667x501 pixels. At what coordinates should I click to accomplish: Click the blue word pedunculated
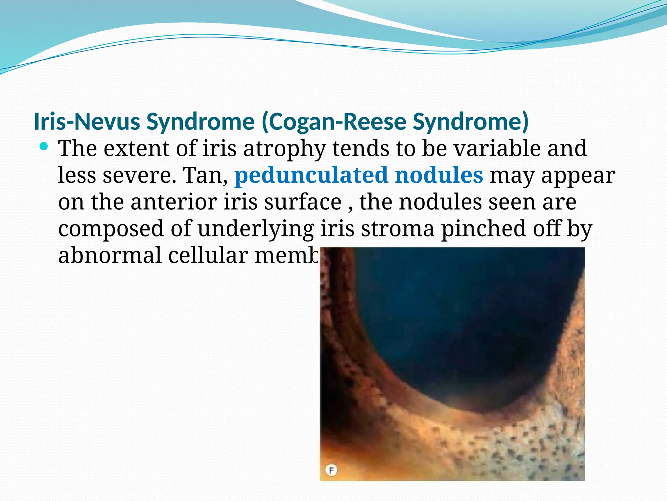tap(311, 175)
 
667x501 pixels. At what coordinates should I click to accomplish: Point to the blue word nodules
tap(439, 175)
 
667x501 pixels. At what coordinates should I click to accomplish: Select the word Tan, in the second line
tap(206, 175)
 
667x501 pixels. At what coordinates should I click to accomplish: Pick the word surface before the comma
tap(303, 202)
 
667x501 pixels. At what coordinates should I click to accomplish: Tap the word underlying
tap(256, 229)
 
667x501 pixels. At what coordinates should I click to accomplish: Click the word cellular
tap(208, 255)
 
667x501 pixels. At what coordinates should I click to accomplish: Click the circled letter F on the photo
tap(331, 470)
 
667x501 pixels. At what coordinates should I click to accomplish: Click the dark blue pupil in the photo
tap(456, 326)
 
